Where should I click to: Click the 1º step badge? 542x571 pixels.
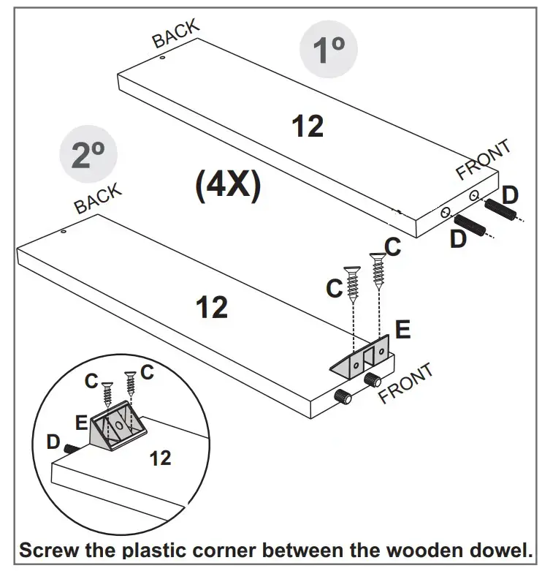329,50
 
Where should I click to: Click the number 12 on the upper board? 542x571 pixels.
308,126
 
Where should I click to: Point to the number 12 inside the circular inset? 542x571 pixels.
160,458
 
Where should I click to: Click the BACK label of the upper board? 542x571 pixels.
175,34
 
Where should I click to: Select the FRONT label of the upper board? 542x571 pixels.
484,159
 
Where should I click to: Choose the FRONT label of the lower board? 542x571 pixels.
405,382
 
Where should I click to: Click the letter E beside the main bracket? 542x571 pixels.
402,330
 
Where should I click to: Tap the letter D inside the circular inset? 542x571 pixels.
53,442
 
